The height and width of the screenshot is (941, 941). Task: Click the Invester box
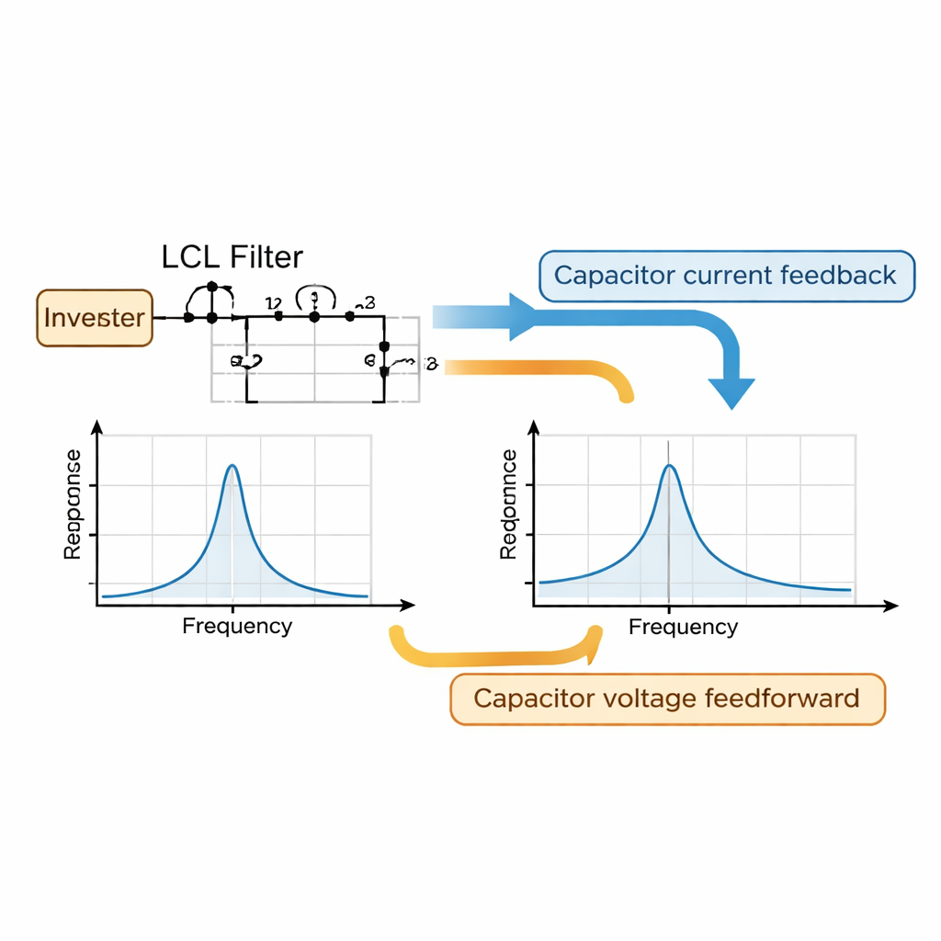95,318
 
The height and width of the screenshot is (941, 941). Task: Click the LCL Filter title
232,256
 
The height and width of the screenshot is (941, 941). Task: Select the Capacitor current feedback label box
726,275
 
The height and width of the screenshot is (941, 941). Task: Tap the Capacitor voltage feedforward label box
667,698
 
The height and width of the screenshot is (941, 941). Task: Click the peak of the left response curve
232,467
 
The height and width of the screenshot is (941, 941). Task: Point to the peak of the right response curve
669,467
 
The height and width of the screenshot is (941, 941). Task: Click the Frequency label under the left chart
237,627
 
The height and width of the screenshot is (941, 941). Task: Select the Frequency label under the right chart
683,628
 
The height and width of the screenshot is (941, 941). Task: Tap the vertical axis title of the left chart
73,505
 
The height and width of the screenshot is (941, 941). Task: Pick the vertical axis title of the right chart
508,505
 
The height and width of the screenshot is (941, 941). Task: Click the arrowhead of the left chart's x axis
408,606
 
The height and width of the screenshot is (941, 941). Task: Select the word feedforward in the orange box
783,698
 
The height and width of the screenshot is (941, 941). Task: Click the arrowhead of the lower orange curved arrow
595,636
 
